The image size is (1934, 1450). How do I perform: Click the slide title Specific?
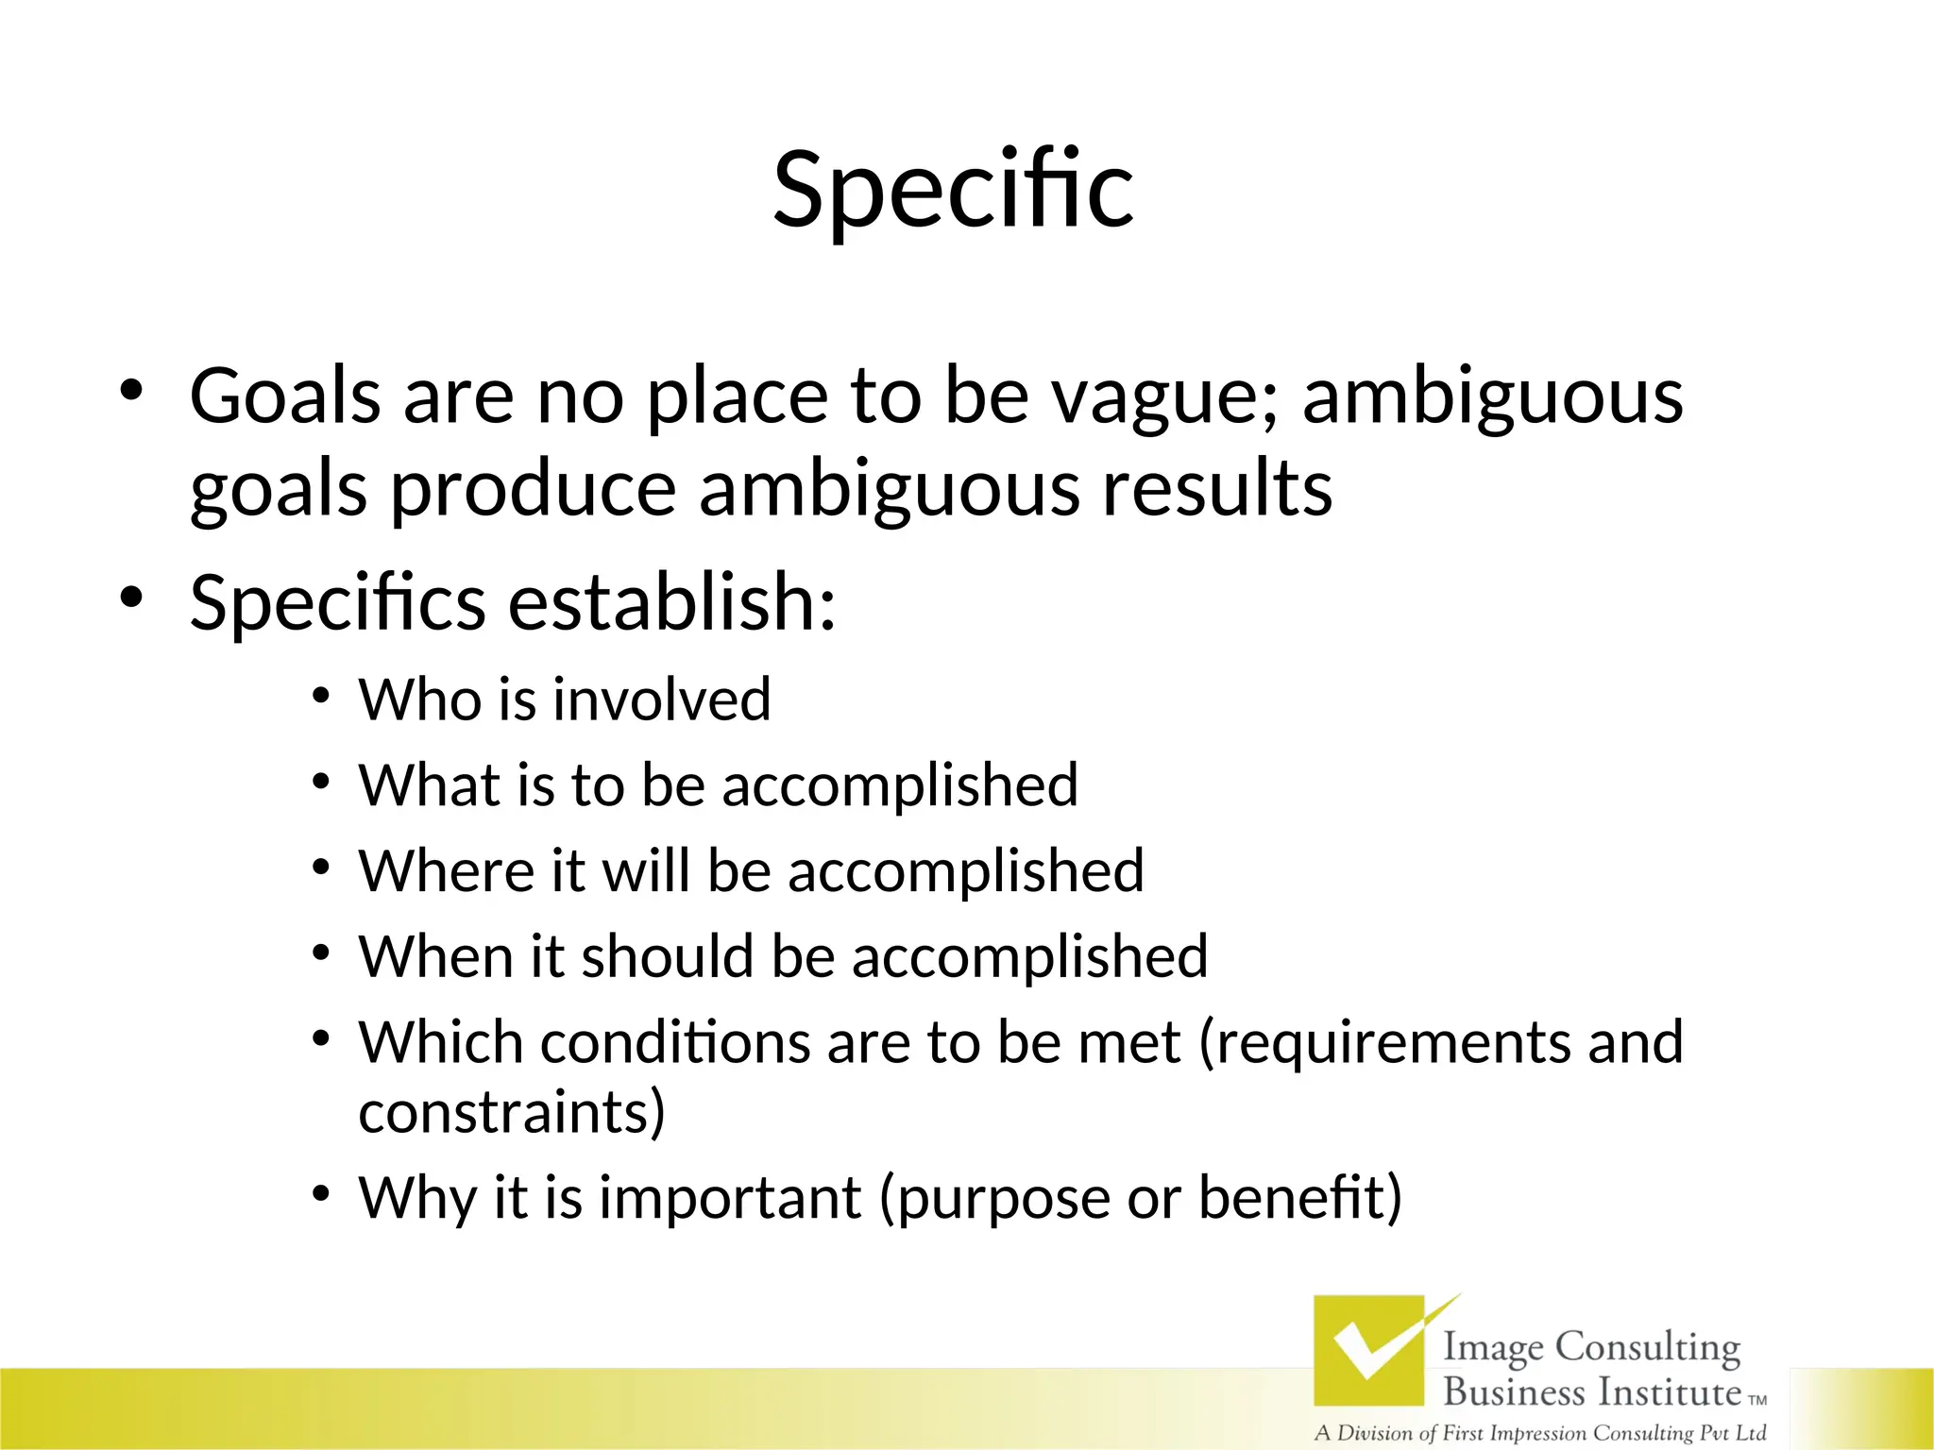click(953, 191)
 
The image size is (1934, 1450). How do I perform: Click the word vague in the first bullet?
click(1164, 396)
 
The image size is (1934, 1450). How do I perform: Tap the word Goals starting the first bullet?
click(285, 396)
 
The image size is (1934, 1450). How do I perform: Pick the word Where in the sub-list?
click(443, 870)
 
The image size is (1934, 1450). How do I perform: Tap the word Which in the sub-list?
click(440, 1042)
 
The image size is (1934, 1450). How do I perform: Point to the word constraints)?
click(512, 1112)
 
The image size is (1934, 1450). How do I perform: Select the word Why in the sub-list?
click(416, 1198)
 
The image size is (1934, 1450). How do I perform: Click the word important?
click(730, 1198)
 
